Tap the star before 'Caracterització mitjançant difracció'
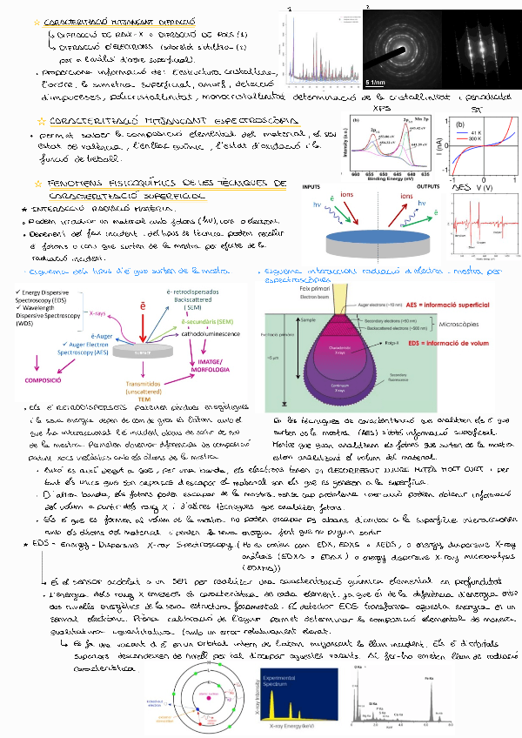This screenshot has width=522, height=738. click(x=37, y=19)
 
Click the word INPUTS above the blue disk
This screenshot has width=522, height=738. click(x=311, y=187)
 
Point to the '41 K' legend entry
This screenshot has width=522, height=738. click(x=476, y=132)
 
